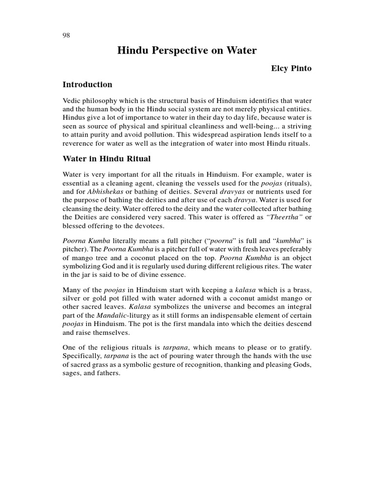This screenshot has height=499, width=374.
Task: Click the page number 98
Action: coord(66,36)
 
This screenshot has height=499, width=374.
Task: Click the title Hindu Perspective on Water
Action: coord(187,50)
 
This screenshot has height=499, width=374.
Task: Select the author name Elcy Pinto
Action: coord(291,69)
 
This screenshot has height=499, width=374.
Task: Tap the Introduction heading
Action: coord(88,85)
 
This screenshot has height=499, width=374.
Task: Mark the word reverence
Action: coord(79,143)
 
